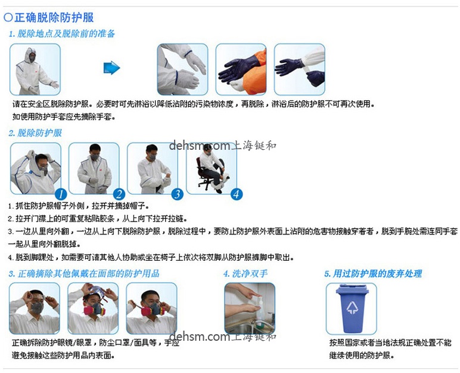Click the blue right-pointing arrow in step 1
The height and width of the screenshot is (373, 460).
(x=111, y=68)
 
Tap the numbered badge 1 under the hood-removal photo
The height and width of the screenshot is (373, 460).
(x=60, y=194)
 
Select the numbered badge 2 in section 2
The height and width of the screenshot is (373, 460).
(x=119, y=194)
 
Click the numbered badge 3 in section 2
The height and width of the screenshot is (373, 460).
(x=177, y=194)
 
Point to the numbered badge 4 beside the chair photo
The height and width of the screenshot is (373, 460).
(x=237, y=194)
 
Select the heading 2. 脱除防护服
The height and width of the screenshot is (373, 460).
(x=35, y=133)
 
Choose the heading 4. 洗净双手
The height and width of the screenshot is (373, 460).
(x=246, y=273)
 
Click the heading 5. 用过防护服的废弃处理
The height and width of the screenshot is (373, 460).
(x=373, y=273)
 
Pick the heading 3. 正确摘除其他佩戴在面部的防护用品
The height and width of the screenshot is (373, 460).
(x=84, y=273)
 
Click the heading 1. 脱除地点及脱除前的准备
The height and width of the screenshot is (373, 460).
(x=62, y=33)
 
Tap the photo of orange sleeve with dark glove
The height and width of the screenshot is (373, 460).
(x=241, y=69)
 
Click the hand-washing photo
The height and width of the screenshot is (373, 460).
(x=250, y=308)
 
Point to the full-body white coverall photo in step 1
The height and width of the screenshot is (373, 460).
(x=34, y=69)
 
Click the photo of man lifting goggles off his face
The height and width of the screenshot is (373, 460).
(x=34, y=308)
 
